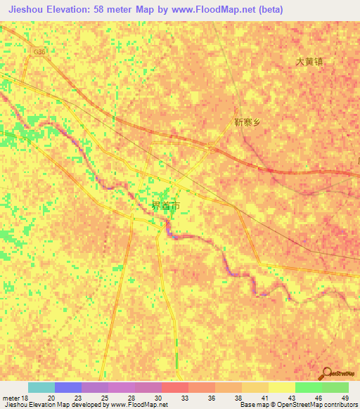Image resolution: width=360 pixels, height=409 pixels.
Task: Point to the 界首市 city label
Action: pyautogui.click(x=165, y=206)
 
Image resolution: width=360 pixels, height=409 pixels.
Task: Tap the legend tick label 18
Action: pyautogui.click(x=26, y=398)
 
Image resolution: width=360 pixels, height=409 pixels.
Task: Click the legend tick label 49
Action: pyautogui.click(x=345, y=398)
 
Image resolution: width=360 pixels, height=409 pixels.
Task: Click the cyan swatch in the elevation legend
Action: pyautogui.click(x=41, y=387)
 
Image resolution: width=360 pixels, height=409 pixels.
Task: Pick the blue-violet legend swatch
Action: pyautogui.click(x=68, y=387)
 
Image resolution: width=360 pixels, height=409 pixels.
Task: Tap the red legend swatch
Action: pyautogui.click(x=175, y=387)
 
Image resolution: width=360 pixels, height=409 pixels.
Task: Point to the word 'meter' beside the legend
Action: pyautogui.click(x=11, y=398)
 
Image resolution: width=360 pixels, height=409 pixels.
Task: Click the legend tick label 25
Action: pyautogui.click(x=103, y=398)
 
